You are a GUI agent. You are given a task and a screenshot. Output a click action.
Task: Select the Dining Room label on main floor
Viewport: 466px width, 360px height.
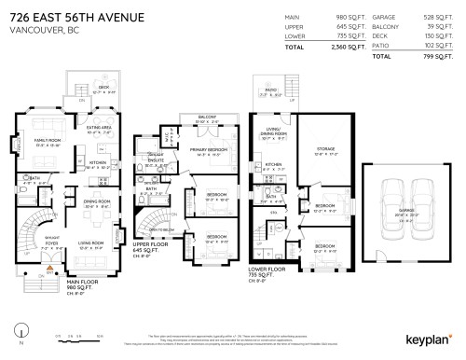[96, 202]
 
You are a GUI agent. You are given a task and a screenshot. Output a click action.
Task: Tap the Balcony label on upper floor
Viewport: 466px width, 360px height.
[200, 118]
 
